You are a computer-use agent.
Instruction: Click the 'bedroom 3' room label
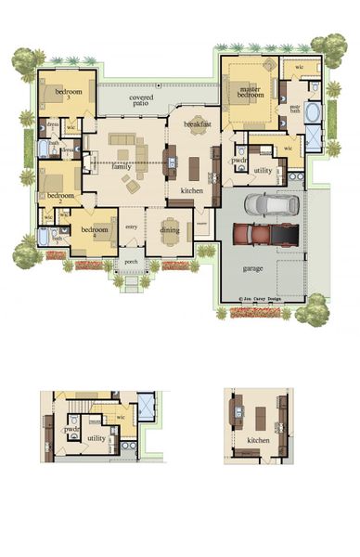[x=69, y=93]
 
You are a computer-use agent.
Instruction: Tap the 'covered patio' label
[x=141, y=99]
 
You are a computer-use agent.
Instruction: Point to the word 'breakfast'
[x=198, y=123]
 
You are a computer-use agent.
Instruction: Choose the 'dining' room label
[x=170, y=229]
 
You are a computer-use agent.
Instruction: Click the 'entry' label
[x=131, y=227]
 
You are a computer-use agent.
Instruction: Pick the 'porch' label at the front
[x=131, y=262]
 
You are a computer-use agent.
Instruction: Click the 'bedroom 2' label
[x=60, y=198]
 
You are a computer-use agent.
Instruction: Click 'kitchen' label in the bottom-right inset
[x=259, y=439]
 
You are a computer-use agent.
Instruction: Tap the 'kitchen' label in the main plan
[x=191, y=190]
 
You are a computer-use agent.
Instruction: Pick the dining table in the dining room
[x=170, y=237]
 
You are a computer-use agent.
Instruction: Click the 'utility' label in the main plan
[x=263, y=170]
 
